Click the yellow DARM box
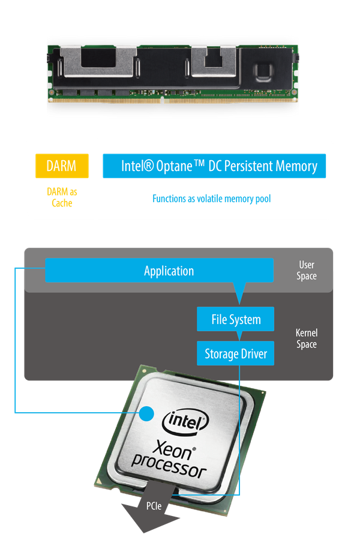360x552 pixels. [62, 166]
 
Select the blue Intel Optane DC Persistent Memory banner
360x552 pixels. [214, 166]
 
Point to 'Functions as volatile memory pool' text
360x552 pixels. [212, 198]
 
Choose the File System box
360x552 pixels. [236, 319]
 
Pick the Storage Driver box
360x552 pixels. [236, 353]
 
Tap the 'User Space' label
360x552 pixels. [307, 271]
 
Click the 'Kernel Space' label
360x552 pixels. [307, 338]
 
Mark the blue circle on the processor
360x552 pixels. [147, 413]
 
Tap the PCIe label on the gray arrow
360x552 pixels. [154, 506]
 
